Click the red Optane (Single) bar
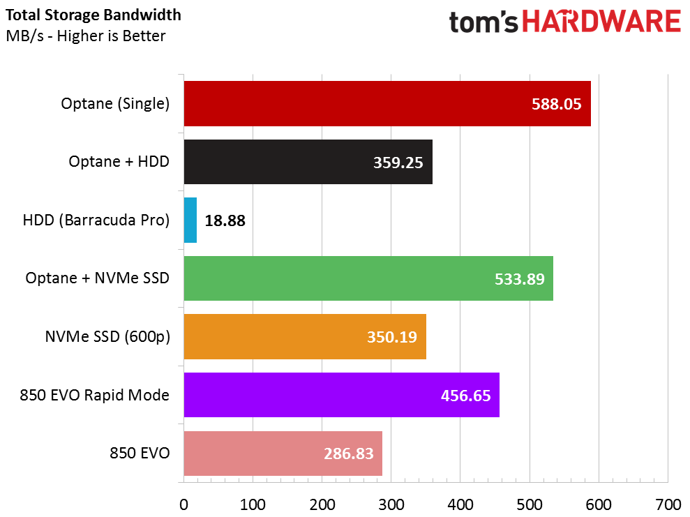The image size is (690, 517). [x=387, y=104]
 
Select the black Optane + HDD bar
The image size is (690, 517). [x=308, y=162]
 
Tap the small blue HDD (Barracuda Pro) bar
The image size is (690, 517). [x=190, y=220]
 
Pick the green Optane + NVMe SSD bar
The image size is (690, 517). [x=368, y=278]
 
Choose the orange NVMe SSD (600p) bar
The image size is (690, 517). [x=305, y=337]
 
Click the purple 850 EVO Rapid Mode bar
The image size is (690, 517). [x=341, y=395]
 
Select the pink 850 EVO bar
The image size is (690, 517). [x=283, y=454]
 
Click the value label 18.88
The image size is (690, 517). [x=225, y=220]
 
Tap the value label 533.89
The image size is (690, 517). [x=519, y=279]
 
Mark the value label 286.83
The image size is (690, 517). [x=348, y=454]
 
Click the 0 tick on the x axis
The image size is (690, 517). [x=183, y=504]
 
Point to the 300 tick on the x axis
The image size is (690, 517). [x=391, y=504]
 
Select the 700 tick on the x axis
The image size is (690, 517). [x=668, y=504]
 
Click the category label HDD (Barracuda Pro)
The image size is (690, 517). [x=96, y=220]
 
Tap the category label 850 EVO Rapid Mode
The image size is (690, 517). [x=94, y=395]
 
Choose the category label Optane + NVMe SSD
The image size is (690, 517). [x=98, y=278]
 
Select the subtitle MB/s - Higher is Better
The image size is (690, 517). [x=85, y=36]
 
